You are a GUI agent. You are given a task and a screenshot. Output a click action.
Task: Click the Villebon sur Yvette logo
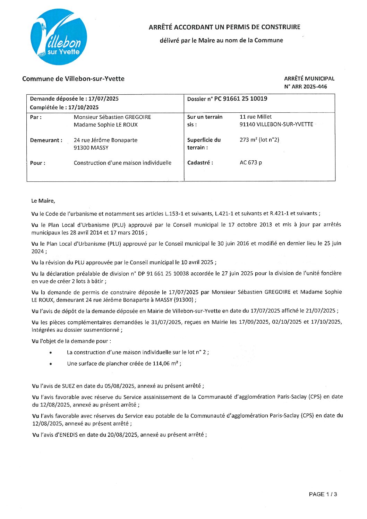pyautogui.click(x=59, y=37)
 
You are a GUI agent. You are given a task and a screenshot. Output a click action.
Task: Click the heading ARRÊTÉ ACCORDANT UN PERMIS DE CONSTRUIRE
pyautogui.click(x=224, y=27)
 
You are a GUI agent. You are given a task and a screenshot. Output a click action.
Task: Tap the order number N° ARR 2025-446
pyautogui.click(x=305, y=87)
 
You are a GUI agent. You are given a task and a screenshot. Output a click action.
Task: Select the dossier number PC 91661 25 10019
pyautogui.click(x=241, y=99)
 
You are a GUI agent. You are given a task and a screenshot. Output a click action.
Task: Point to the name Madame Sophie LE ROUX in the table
pyautogui.click(x=105, y=125)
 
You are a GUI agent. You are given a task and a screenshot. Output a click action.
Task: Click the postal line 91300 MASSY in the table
pyautogui.click(x=91, y=148)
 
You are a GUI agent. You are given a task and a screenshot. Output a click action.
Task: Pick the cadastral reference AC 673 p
pyautogui.click(x=251, y=163)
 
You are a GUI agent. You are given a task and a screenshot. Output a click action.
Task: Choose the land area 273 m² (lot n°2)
pyautogui.click(x=259, y=140)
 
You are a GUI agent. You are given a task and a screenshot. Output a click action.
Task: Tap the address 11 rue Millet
pyautogui.click(x=256, y=117)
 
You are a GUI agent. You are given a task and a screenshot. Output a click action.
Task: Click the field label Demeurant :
pyautogui.click(x=46, y=140)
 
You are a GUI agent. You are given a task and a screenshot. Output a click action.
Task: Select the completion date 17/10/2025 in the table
pyautogui.click(x=83, y=108)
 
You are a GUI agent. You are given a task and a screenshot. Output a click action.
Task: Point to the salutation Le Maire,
pyautogui.click(x=43, y=201)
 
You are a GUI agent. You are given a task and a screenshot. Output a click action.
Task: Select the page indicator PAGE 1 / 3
pyautogui.click(x=323, y=494)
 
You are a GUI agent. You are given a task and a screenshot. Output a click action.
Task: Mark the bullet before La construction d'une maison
pyautogui.click(x=51, y=353)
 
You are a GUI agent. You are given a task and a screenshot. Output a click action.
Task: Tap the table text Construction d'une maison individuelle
pyautogui.click(x=122, y=163)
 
